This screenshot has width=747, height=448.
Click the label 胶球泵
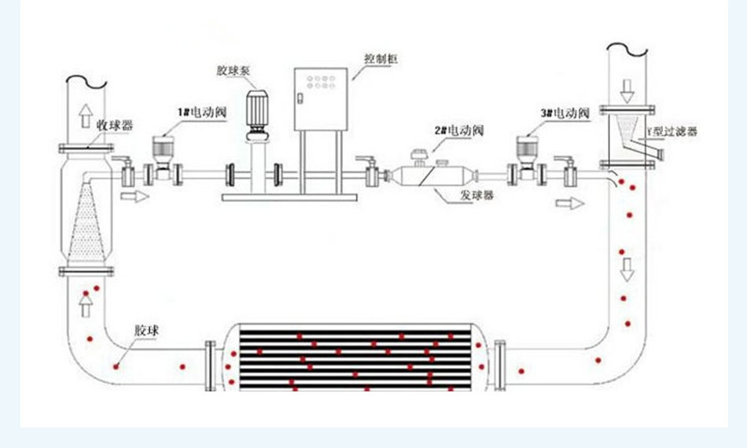pos(233,70)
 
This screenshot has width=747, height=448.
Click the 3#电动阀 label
pos(565,113)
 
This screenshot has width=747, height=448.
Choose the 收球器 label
pos(115,125)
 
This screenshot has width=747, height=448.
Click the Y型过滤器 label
pos(671,132)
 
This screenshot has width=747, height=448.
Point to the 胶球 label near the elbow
pos(147,330)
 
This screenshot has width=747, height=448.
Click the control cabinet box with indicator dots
pos(321,99)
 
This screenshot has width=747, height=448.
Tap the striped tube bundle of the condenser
pos(359,358)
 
